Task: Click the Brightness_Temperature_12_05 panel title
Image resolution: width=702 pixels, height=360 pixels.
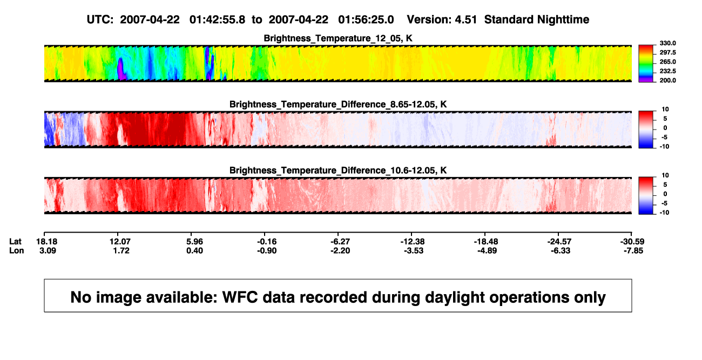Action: tap(338, 38)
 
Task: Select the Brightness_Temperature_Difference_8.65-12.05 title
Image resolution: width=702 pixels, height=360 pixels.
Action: tap(338, 104)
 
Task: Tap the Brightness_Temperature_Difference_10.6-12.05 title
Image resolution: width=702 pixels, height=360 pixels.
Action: tap(338, 171)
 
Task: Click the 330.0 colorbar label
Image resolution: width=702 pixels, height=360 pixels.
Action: tap(667, 43)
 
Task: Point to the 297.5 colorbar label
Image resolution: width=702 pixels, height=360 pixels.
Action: tap(667, 52)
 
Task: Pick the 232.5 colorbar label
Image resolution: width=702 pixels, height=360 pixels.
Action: tap(667, 71)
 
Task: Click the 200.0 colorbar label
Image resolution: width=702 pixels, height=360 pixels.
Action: tap(667, 80)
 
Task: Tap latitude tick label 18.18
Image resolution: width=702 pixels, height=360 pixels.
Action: tap(46, 242)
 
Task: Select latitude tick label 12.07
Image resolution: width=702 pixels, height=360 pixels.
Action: tap(120, 242)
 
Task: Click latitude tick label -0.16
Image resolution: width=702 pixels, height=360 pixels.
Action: tap(267, 242)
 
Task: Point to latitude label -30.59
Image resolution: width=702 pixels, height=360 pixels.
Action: tap(632, 242)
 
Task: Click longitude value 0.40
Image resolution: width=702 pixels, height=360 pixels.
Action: tap(194, 250)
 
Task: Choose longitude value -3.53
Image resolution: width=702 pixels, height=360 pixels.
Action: tap(414, 250)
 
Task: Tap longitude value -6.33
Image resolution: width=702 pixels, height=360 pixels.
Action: tap(561, 250)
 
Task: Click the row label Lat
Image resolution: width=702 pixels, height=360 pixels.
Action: tap(15, 242)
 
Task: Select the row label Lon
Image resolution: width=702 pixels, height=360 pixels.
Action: tap(16, 250)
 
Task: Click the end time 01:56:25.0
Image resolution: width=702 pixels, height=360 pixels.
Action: tap(366, 20)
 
